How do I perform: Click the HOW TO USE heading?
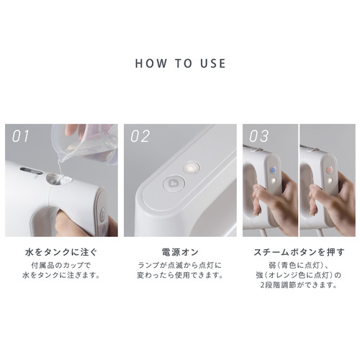point(180,63)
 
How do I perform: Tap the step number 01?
point(20,136)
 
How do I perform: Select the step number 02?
point(140,136)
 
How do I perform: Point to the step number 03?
point(258,136)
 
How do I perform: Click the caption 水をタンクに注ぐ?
point(61,252)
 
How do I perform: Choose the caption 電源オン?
point(180,252)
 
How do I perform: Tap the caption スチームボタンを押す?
point(299,252)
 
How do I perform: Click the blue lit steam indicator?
point(274,170)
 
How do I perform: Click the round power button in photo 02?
point(174,184)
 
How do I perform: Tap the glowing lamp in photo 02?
point(192,167)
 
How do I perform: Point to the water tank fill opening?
point(58,179)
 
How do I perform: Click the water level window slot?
point(31,171)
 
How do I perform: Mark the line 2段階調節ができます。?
point(299,285)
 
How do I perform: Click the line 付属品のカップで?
point(61,266)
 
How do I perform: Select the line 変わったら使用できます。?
point(180,275)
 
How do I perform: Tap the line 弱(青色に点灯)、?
point(299,266)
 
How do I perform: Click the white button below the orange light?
point(330,180)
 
